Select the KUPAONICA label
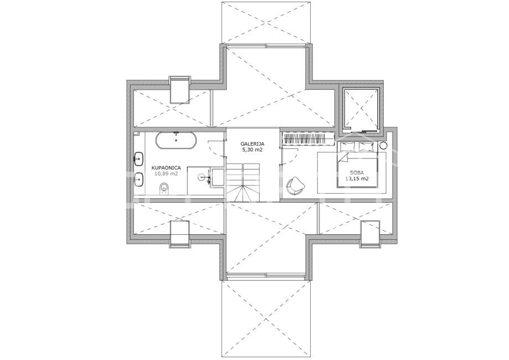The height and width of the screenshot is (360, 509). (x=166, y=168)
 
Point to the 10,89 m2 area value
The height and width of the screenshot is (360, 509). (x=166, y=174)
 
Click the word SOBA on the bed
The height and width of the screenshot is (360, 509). (x=357, y=172)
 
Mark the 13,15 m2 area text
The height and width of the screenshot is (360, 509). (x=357, y=178)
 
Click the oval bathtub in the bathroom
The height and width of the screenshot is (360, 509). (x=176, y=141)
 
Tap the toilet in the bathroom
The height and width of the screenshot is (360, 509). (x=164, y=189)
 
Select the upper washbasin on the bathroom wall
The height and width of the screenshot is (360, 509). (x=138, y=159)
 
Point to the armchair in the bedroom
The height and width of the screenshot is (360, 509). (x=295, y=186)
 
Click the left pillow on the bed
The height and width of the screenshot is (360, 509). (x=348, y=147)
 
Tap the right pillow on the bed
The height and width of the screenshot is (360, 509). (x=367, y=147)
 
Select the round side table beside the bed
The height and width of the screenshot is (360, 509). (x=383, y=146)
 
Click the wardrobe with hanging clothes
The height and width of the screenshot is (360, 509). (x=309, y=139)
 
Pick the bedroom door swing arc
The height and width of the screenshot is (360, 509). (x=291, y=159)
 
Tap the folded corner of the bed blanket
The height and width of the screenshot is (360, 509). (x=342, y=158)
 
